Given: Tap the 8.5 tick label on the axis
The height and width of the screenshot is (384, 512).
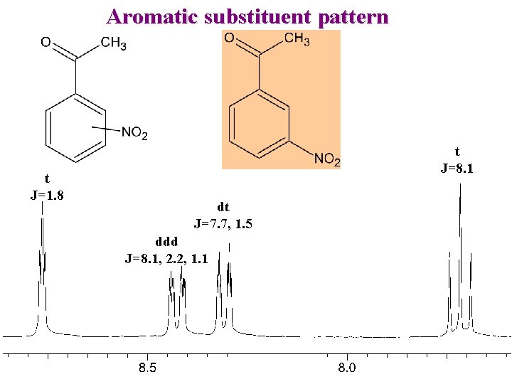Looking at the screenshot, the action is (147, 368).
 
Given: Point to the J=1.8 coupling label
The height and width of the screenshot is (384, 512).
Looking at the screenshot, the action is (47, 195).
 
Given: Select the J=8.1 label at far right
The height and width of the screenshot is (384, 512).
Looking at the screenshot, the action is (457, 169).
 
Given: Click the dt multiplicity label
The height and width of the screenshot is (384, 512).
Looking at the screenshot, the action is (223, 208).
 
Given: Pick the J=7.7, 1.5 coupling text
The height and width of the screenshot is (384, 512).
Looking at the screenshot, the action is (223, 224).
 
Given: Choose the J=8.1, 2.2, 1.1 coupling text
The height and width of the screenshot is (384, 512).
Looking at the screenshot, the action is (166, 258).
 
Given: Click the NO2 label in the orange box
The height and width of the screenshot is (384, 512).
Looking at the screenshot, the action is (327, 160).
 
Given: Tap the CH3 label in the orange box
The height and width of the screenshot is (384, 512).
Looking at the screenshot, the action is (297, 39).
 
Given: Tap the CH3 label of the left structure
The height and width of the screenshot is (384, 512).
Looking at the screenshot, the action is (114, 44).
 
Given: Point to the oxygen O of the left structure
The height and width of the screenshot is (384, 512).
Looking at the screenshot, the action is (46, 43).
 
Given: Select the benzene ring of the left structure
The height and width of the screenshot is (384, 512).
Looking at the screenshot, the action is (75, 128).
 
